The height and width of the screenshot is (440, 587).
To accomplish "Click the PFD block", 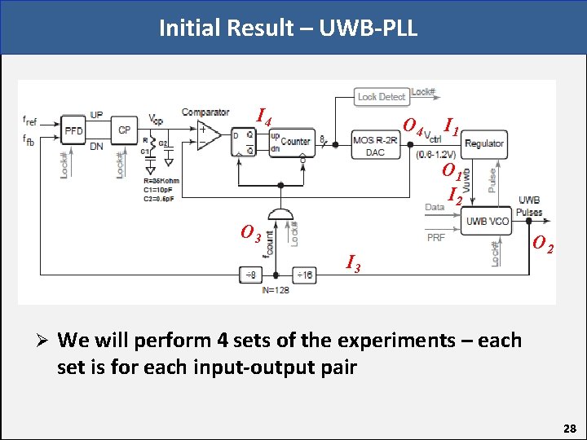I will pos(73,130).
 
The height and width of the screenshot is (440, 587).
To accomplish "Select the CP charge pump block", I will pos(124,130).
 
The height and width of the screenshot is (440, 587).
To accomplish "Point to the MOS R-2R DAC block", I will pos(374,146).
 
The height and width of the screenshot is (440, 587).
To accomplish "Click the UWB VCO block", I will pos(486,221).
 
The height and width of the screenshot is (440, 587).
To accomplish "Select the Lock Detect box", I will pos(381,96).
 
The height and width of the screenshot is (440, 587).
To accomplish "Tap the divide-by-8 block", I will pos(250,275).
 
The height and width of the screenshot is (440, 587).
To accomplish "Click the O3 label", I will pos(250,233).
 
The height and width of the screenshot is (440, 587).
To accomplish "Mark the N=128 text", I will pos(276,290).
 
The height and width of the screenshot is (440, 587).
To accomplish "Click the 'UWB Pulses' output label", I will pos(529,206).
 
